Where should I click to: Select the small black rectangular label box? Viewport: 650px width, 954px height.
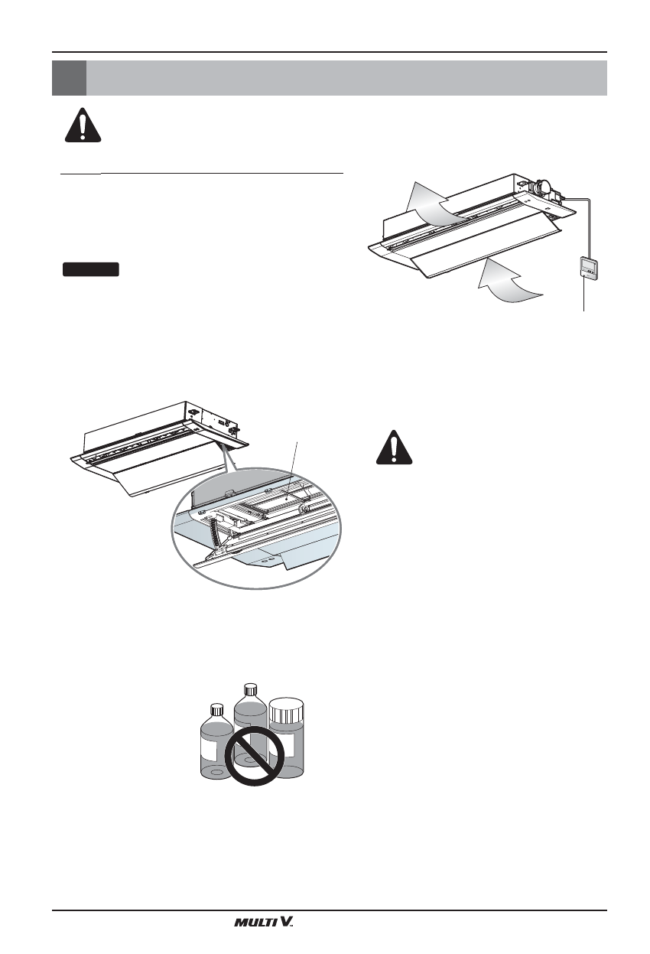[90, 269]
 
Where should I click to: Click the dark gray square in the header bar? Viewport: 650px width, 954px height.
[69, 77]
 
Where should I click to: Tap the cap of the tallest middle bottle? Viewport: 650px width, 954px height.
[249, 689]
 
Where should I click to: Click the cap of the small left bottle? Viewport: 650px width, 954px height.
[216, 709]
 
